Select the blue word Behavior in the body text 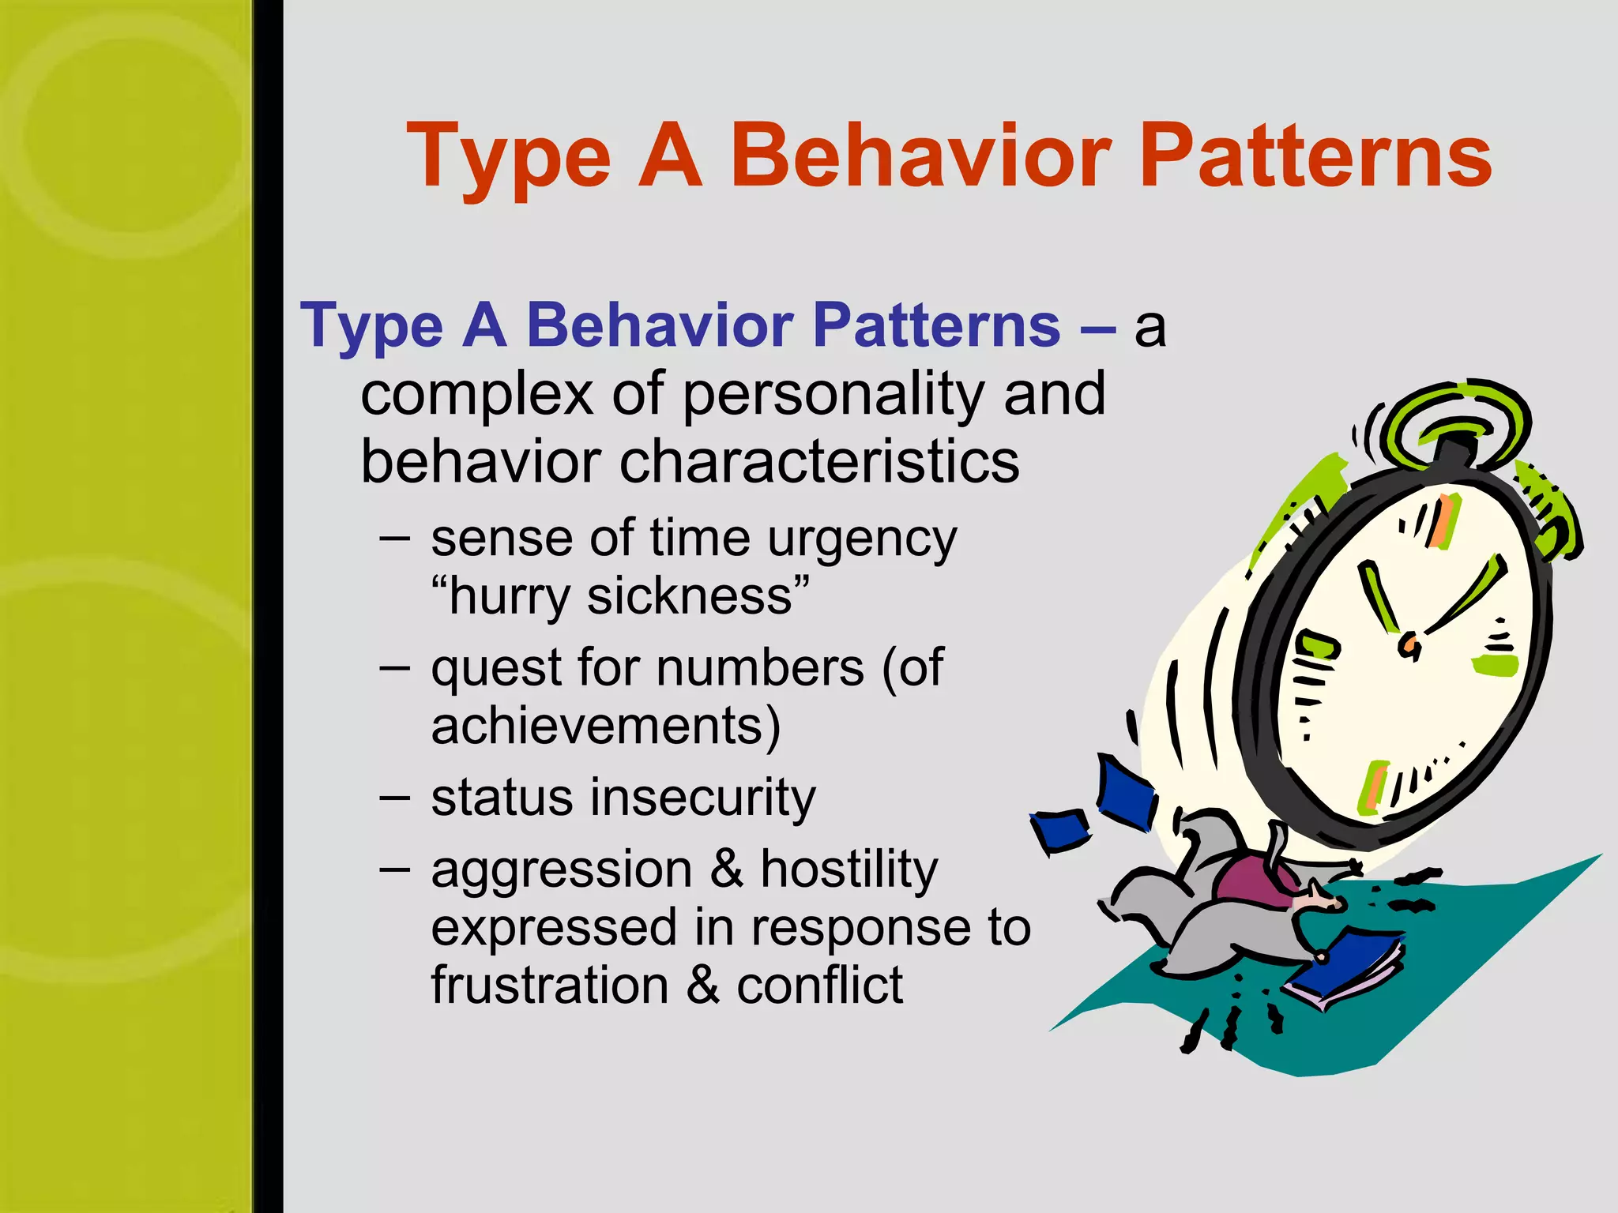pos(660,325)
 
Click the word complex pos(476,395)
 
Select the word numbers pos(760,669)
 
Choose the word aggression pos(562,871)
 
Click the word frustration pos(550,986)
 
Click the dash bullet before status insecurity pos(394,798)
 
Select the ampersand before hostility pos(726,869)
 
